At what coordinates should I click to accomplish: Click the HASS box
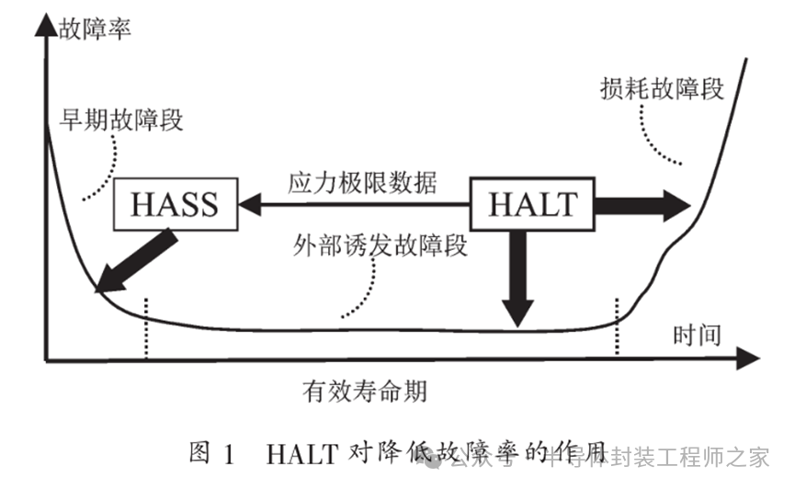175,204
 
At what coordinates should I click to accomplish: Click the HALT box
532,204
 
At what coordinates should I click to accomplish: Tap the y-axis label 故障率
95,28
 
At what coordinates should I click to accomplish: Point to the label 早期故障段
121,119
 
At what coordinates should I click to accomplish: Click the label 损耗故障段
661,88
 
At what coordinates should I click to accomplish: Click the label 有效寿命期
364,391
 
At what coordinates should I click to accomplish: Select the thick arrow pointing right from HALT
642,204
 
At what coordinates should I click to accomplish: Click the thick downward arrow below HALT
518,276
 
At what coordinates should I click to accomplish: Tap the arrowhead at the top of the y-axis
44,22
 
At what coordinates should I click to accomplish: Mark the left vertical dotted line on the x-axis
145,327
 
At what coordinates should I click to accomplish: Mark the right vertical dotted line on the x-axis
617,327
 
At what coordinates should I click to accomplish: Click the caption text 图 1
212,454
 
